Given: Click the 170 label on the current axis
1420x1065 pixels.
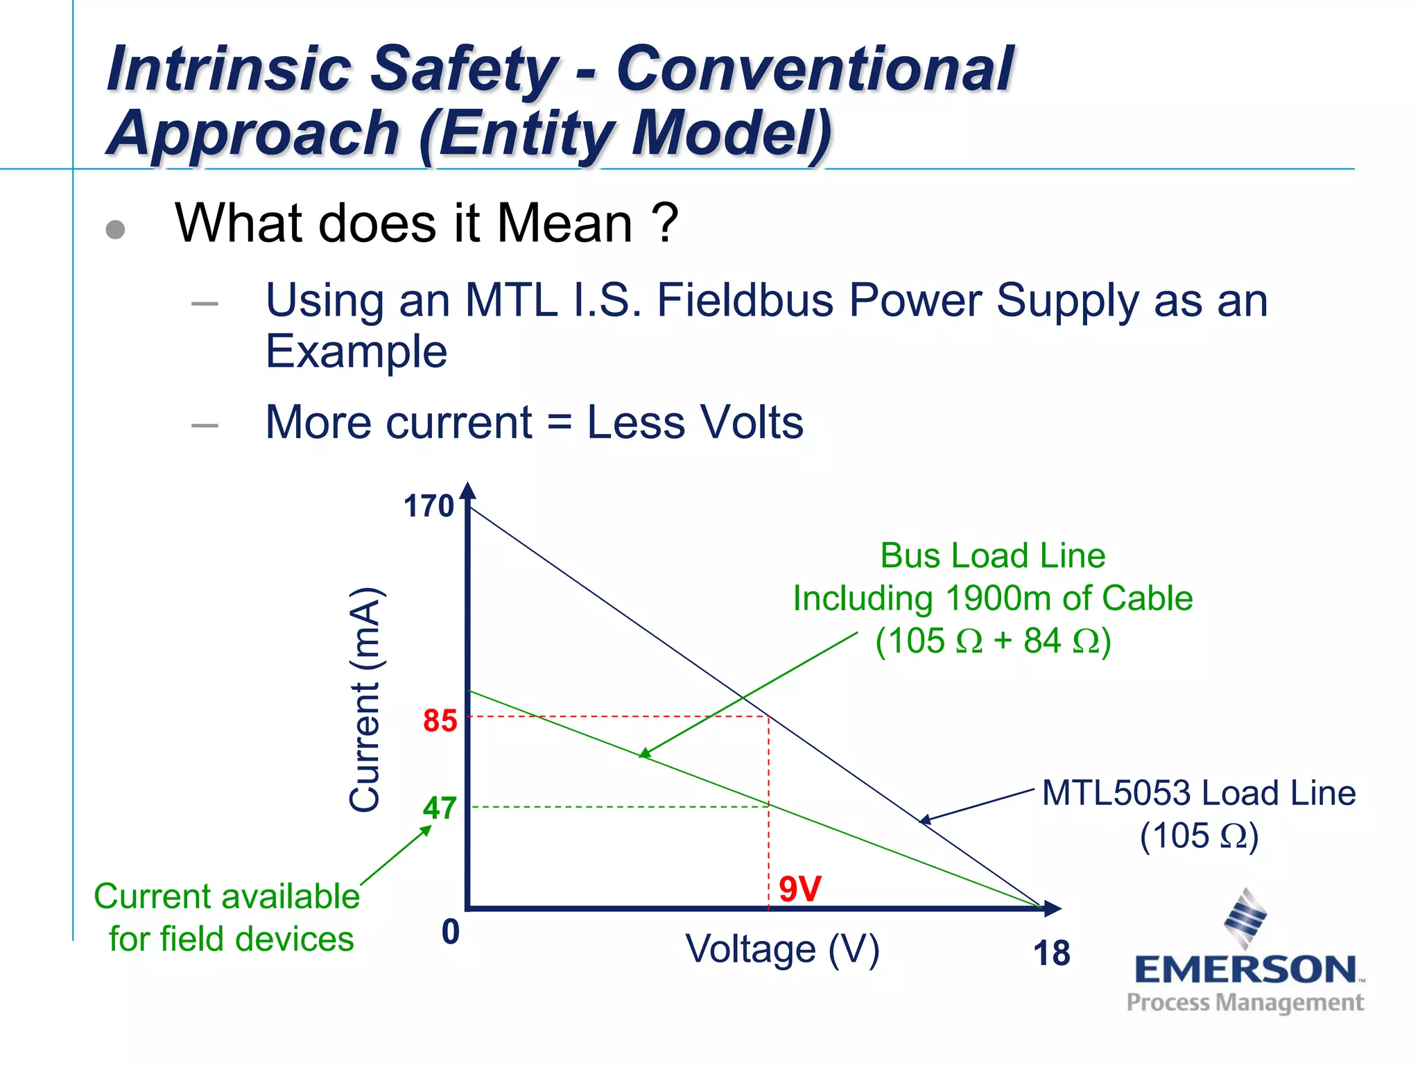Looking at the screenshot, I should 428,506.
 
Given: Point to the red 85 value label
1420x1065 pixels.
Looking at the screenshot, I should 440,721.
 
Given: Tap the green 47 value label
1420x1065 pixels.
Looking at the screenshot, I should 440,808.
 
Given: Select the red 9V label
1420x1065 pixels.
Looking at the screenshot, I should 799,889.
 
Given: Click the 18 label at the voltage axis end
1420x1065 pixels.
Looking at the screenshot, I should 1051,953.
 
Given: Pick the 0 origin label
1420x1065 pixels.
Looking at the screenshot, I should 451,931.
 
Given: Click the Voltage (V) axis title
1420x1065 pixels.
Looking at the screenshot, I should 782,950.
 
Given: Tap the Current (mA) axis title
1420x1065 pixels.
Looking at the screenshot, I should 365,699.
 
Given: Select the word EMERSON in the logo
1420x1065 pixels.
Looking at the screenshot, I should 1245,970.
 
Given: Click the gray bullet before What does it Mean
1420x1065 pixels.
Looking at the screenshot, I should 115,230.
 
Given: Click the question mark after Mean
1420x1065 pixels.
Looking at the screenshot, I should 665,223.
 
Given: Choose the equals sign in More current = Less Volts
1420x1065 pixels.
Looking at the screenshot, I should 559,422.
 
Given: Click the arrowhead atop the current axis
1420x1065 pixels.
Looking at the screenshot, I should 469,491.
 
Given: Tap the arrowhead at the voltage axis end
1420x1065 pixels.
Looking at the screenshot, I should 1052,908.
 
